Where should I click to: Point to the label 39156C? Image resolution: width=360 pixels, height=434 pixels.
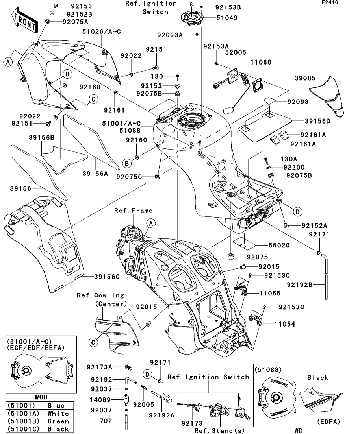pos(107,277)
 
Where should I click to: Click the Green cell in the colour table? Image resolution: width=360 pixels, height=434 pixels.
pos(58,421)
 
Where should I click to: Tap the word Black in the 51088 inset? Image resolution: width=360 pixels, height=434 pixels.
pos(318,378)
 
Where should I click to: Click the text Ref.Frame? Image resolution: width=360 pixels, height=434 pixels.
pos(133,211)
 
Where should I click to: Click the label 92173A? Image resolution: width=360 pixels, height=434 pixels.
pos(100,367)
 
